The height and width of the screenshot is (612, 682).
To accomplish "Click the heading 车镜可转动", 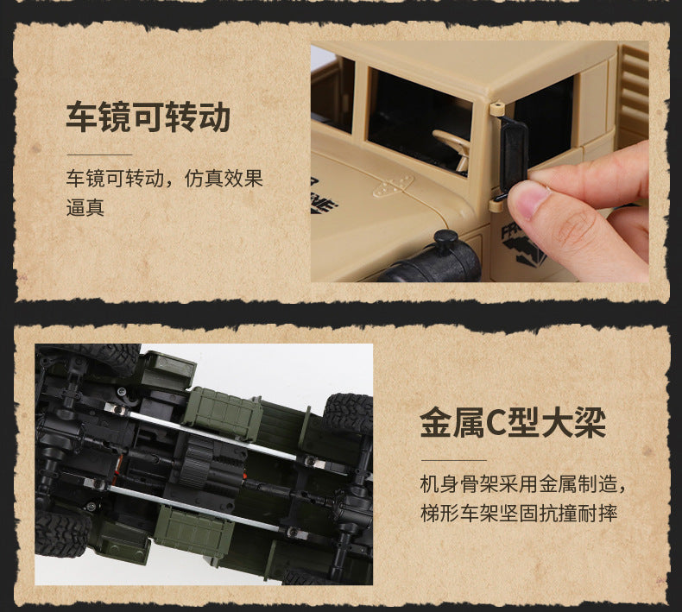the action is (148, 117).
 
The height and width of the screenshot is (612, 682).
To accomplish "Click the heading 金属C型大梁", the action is (514, 423).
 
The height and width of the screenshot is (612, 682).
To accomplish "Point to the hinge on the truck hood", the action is (392, 186).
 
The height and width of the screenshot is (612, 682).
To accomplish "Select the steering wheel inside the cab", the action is (453, 147).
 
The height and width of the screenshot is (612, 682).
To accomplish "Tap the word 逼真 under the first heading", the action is (85, 207).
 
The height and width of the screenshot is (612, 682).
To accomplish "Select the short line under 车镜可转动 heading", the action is (99, 155).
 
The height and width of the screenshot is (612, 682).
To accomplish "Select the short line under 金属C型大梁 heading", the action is (453, 460).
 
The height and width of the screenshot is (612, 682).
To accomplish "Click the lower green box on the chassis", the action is (193, 529).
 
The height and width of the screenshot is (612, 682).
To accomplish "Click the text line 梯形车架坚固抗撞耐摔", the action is (519, 514).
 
